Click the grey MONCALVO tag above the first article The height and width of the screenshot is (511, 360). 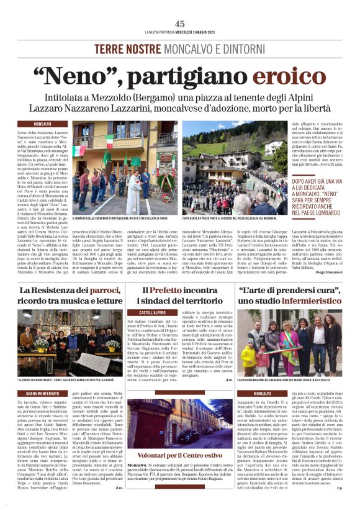point(43,124)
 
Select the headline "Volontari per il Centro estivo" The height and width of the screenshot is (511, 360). point(180,456)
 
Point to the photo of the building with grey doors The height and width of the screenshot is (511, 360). point(180,422)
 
